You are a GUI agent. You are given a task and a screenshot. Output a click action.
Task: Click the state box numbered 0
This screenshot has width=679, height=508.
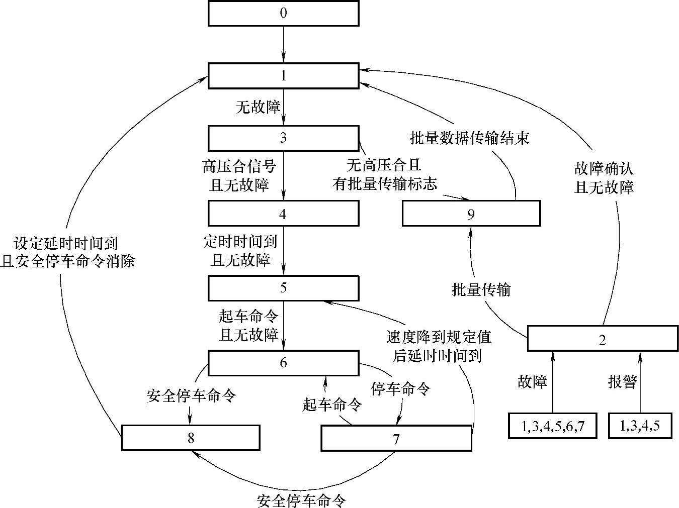tap(283, 13)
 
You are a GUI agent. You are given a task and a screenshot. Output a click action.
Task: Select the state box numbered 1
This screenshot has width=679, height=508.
tap(283, 76)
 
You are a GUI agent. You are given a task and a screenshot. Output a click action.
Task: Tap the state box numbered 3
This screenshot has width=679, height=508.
tap(283, 138)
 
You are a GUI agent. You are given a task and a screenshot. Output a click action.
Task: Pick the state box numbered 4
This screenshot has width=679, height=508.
tap(283, 214)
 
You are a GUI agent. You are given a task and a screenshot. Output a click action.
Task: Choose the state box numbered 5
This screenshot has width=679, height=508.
tap(283, 288)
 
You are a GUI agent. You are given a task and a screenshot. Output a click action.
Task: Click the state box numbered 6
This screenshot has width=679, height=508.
tap(283, 363)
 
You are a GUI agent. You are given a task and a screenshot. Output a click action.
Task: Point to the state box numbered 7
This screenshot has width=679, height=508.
tap(396, 438)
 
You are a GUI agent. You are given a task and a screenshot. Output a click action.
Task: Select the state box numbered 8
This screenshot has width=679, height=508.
tap(191, 438)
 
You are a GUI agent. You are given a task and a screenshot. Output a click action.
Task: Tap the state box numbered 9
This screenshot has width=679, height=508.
tap(471, 214)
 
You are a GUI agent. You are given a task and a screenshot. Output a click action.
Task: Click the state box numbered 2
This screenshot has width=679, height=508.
tap(603, 339)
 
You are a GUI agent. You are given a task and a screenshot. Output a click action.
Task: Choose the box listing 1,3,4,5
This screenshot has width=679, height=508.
tap(639, 426)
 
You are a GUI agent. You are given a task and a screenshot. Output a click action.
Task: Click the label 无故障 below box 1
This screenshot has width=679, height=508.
tap(258, 106)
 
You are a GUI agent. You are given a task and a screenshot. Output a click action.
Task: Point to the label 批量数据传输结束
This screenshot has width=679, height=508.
tap(470, 138)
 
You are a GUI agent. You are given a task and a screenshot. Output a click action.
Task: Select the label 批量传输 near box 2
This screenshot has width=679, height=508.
tap(481, 289)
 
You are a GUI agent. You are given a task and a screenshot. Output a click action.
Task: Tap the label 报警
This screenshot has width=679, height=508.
tap(622, 382)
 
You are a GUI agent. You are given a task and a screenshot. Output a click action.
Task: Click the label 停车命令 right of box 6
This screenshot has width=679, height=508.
tap(400, 388)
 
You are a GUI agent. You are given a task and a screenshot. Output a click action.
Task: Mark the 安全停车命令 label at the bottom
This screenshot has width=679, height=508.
tap(302, 500)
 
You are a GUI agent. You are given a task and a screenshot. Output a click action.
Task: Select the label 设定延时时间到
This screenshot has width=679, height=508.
tap(66, 243)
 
